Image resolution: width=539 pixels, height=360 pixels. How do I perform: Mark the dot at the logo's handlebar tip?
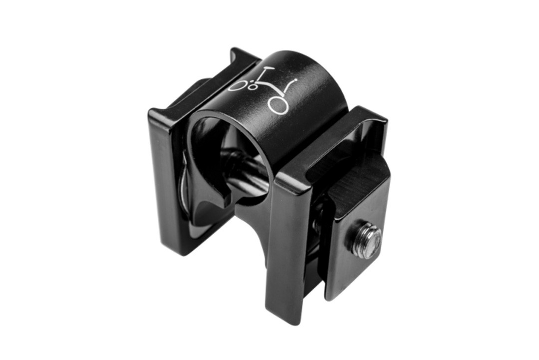pos(296,80)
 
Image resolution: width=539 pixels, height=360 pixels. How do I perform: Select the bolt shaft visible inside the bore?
pos(245,170)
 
